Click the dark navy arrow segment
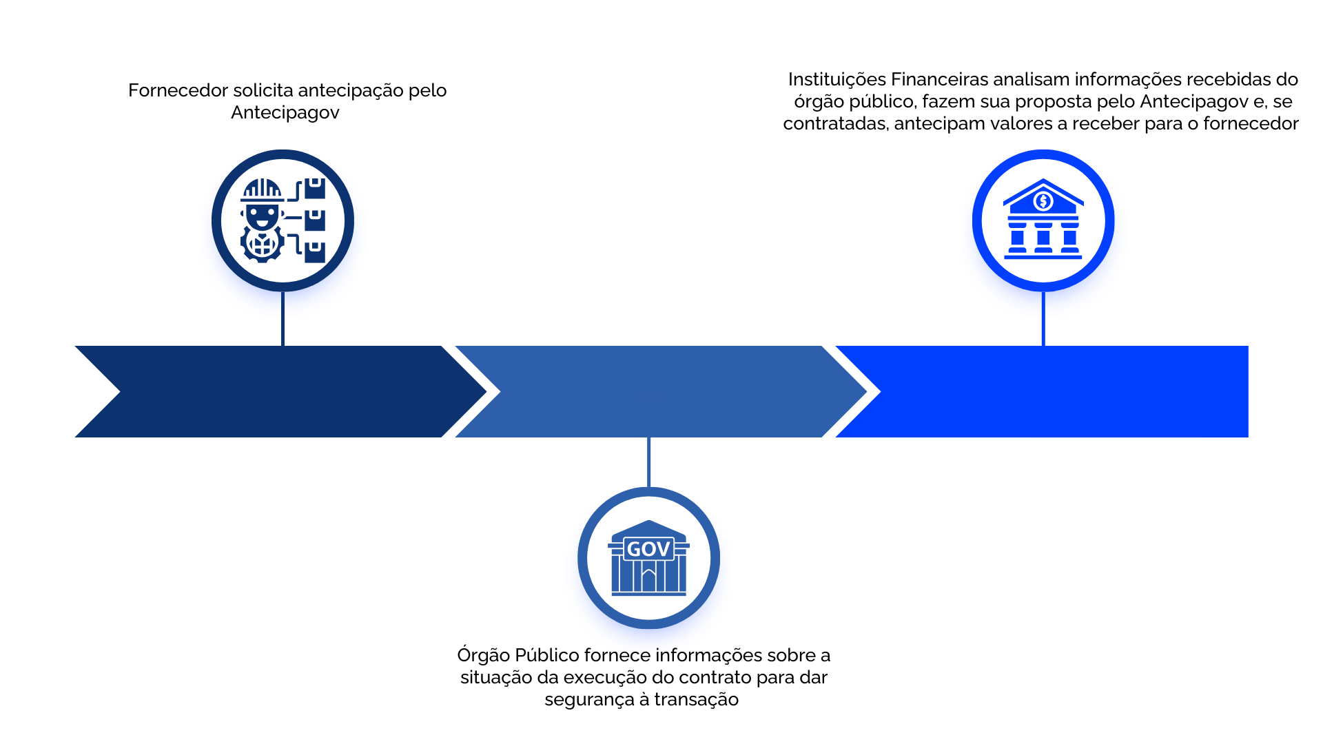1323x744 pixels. coord(276,391)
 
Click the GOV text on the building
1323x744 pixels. coord(648,549)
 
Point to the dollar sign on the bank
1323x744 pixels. coord(1043,201)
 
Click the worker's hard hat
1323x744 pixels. coord(262,189)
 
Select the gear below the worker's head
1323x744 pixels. coord(262,242)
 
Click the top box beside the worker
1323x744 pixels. coord(315,188)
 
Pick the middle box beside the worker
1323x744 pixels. coord(315,220)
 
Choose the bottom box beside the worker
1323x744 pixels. coord(315,251)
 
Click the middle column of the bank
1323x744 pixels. coord(1043,238)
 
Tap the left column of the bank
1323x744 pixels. coord(1017,238)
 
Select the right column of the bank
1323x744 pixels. coord(1069,238)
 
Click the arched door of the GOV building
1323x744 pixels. coord(648,580)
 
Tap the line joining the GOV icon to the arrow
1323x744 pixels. coord(649,462)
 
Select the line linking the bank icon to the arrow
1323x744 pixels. coord(1043,331)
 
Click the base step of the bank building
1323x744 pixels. coord(1043,257)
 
